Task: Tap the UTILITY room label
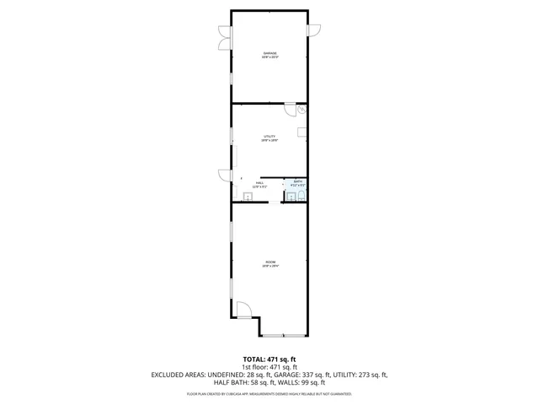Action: click(x=269, y=138)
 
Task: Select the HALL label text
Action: click(x=260, y=183)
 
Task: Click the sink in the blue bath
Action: click(x=289, y=197)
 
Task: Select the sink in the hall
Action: click(x=248, y=196)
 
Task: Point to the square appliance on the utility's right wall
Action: click(x=302, y=132)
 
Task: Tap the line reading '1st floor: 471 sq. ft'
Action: click(x=269, y=367)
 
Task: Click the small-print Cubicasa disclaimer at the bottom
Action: click(x=269, y=394)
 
